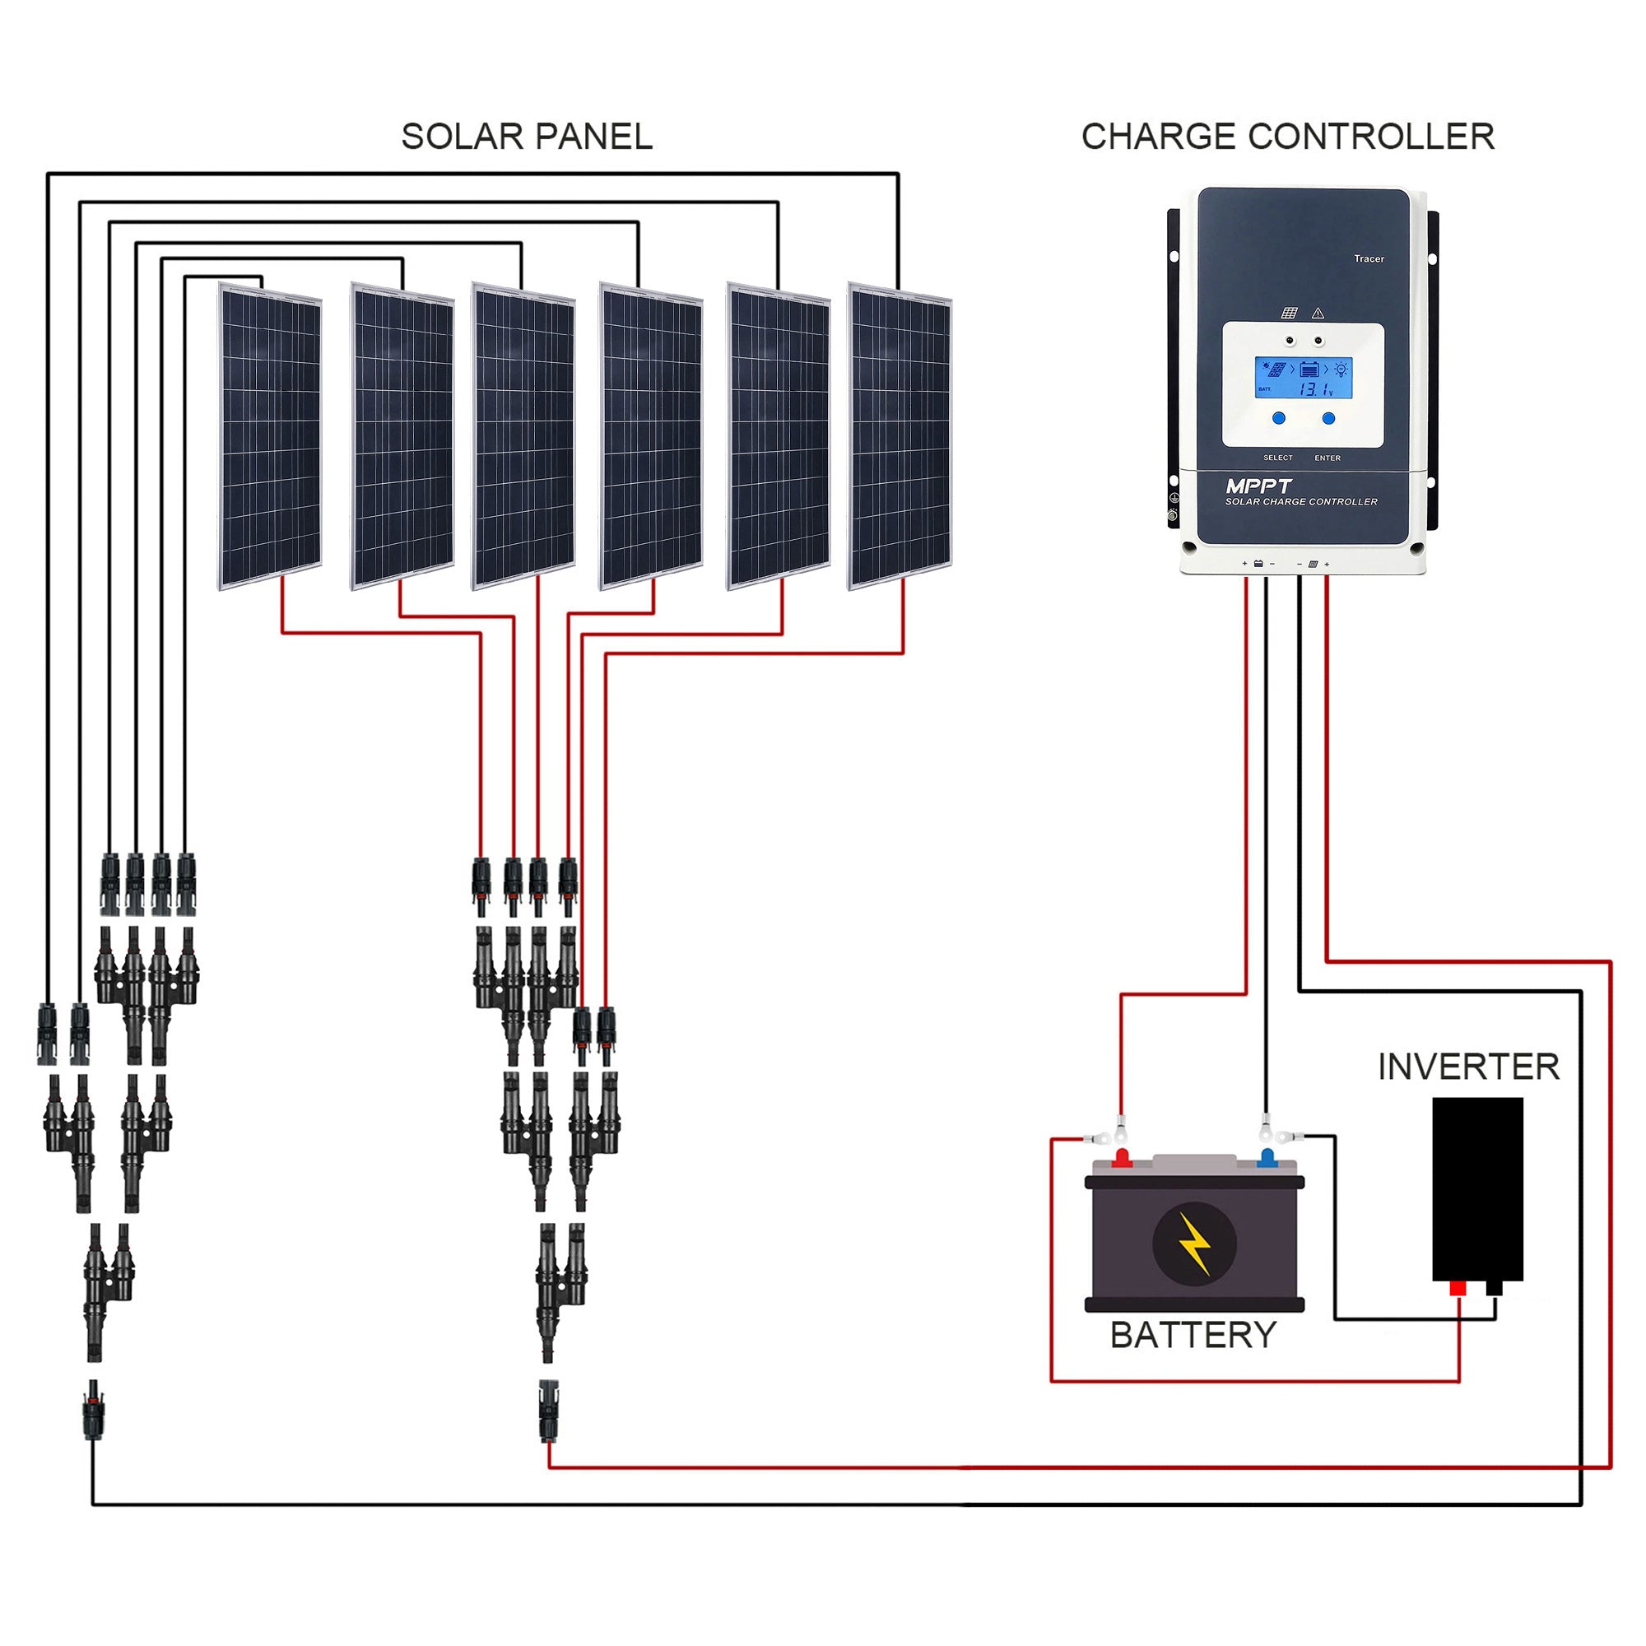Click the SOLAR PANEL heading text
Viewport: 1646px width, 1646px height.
tap(527, 137)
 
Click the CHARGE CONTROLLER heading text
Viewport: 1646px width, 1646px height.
tap(1287, 137)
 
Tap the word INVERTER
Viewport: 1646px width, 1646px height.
tap(1468, 1067)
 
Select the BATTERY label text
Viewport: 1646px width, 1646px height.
tap(1193, 1335)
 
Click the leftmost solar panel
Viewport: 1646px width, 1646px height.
tap(270, 436)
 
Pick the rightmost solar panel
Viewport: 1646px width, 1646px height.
tap(900, 436)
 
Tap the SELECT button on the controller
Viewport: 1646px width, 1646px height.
tap(1279, 418)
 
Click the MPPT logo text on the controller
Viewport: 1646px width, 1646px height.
tap(1258, 486)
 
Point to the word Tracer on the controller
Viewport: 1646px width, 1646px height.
tap(1369, 259)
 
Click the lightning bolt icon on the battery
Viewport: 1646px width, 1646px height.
tap(1193, 1244)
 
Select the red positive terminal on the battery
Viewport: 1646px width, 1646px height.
tap(1122, 1158)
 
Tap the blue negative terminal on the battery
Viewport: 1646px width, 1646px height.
tap(1267, 1158)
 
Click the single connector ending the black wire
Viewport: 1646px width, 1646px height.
tap(93, 1411)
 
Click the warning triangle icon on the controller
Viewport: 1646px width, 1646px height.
tap(1318, 314)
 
